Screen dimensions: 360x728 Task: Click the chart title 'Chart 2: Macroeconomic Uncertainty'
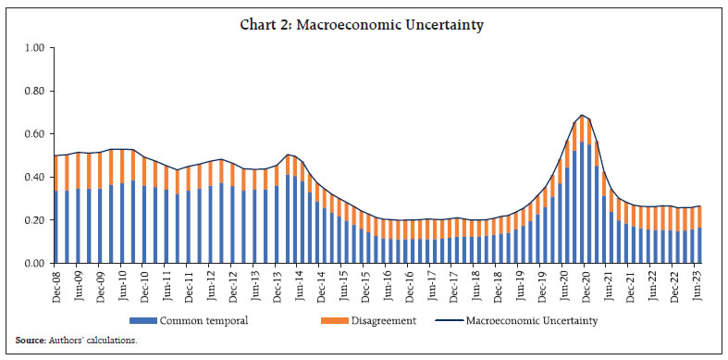[364, 28]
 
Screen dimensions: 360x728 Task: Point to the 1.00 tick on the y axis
[33, 48]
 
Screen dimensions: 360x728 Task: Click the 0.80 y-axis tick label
[33, 92]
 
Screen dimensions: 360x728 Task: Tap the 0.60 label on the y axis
[33, 134]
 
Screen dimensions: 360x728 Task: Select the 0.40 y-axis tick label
[33, 178]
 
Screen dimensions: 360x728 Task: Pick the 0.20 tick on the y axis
[33, 220]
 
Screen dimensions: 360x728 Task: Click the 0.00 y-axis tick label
[33, 264]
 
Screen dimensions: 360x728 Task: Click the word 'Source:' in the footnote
[31, 341]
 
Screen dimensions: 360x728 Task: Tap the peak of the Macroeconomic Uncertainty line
[582, 116]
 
